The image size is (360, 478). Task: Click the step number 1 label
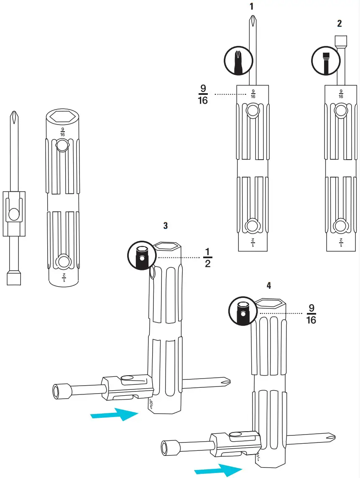coord(251,6)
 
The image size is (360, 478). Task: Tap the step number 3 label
coord(166,226)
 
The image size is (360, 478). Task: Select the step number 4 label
coord(268,285)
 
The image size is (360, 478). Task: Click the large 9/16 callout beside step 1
coord(203,94)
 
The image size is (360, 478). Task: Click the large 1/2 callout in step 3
coord(207,258)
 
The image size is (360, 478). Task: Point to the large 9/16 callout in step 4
coord(311,314)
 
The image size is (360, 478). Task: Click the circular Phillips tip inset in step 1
coord(238,61)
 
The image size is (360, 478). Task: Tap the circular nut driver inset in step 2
coord(325,61)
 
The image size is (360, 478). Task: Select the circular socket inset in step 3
coord(141,255)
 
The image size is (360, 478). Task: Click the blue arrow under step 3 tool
coord(115,414)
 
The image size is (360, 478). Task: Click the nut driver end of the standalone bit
coord(14,277)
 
